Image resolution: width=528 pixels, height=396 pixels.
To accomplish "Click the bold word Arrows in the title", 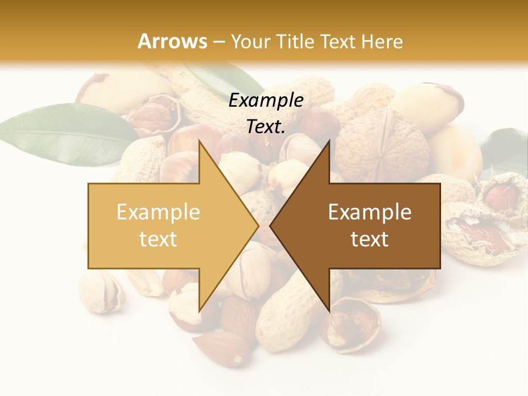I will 172,41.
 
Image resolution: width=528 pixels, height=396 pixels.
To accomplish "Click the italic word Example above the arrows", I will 266,100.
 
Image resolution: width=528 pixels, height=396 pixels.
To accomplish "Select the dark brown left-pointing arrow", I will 369,226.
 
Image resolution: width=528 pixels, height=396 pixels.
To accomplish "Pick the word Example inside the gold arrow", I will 158,212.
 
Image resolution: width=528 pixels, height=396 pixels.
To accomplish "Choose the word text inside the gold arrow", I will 158,239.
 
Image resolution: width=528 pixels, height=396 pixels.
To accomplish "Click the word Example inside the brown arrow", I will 370,212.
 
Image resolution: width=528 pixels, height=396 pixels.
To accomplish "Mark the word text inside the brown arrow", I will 370,239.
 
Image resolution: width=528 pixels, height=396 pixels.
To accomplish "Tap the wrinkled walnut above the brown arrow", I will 382,143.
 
